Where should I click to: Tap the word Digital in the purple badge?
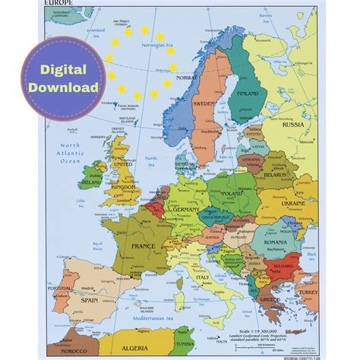pyautogui.click(x=64, y=70)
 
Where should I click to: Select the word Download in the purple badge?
pyautogui.click(x=64, y=87)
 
